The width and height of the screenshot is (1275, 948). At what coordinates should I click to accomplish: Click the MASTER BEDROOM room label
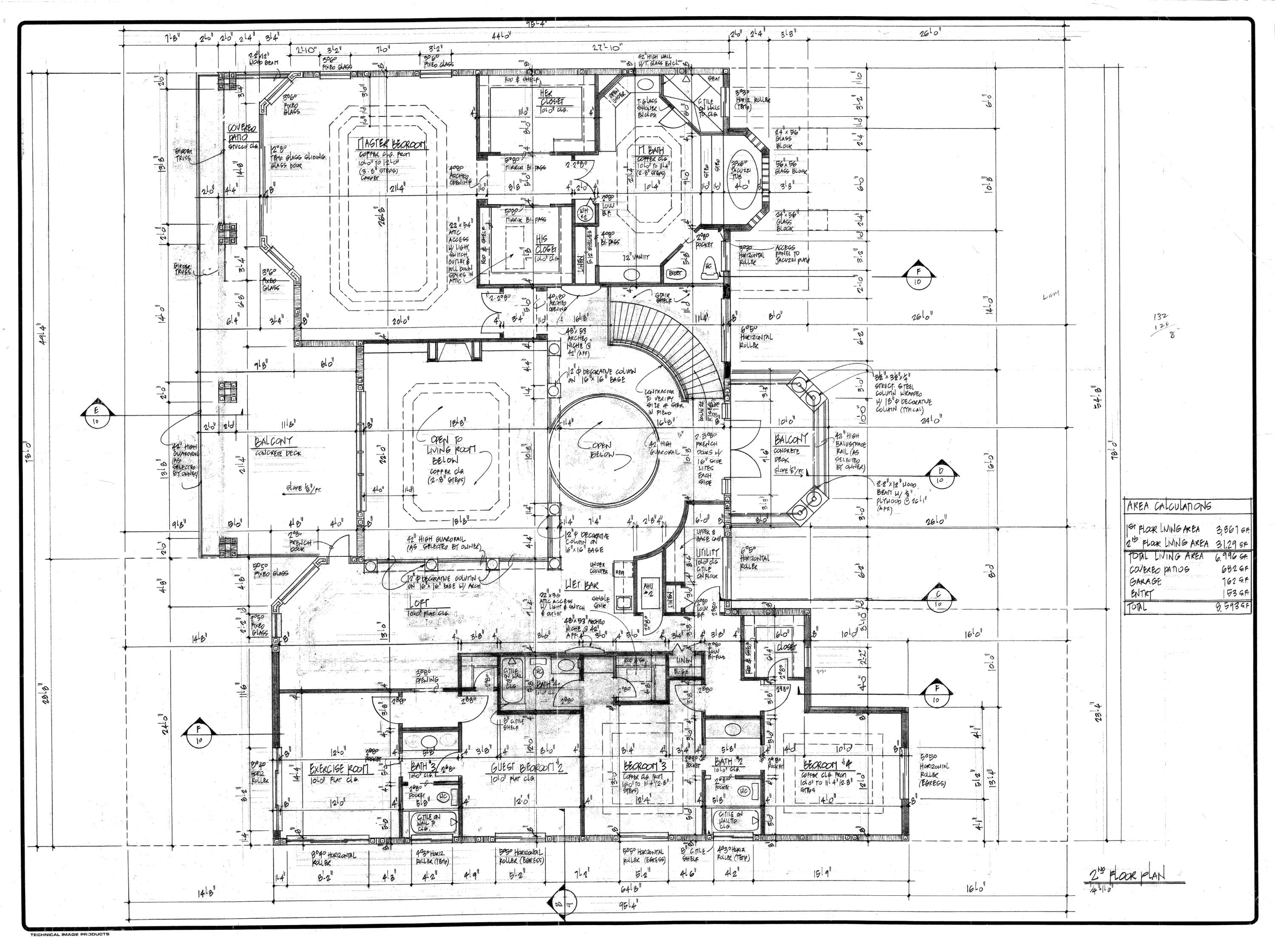[x=392, y=144]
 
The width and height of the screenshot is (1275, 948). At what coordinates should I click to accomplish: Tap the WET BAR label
[x=581, y=584]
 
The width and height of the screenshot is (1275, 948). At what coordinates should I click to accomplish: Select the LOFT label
[x=419, y=604]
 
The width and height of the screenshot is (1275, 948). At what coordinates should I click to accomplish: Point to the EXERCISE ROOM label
[x=339, y=768]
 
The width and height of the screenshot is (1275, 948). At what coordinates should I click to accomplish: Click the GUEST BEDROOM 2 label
[x=524, y=768]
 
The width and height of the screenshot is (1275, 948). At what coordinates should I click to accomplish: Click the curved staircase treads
[x=671, y=344]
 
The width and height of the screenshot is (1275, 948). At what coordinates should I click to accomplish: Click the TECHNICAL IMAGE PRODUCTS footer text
[x=70, y=934]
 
